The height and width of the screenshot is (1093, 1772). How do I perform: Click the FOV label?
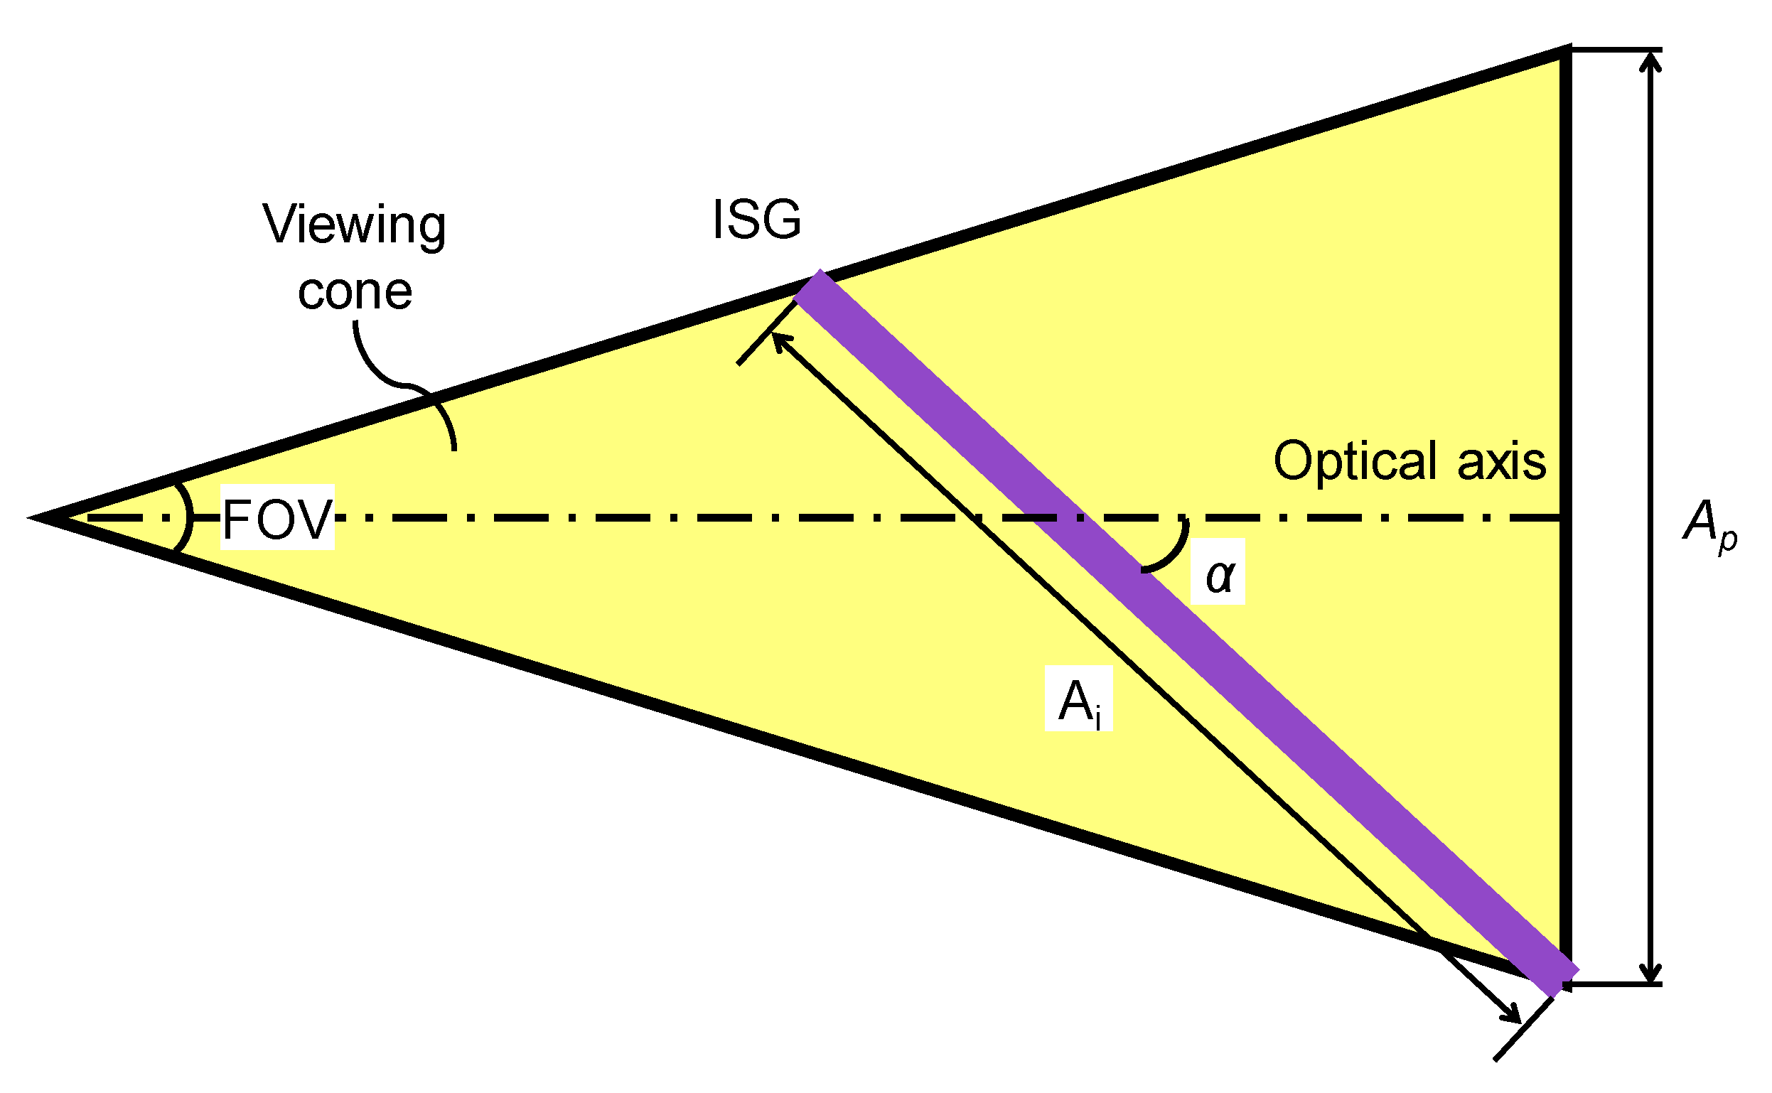(277, 519)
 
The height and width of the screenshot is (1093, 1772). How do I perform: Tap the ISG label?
(756, 219)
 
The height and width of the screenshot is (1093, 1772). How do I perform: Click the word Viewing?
(353, 225)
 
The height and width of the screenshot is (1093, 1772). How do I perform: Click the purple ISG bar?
(1186, 632)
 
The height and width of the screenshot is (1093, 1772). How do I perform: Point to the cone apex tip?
(33, 517)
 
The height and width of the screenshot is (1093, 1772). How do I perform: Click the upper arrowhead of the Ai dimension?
(779, 340)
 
